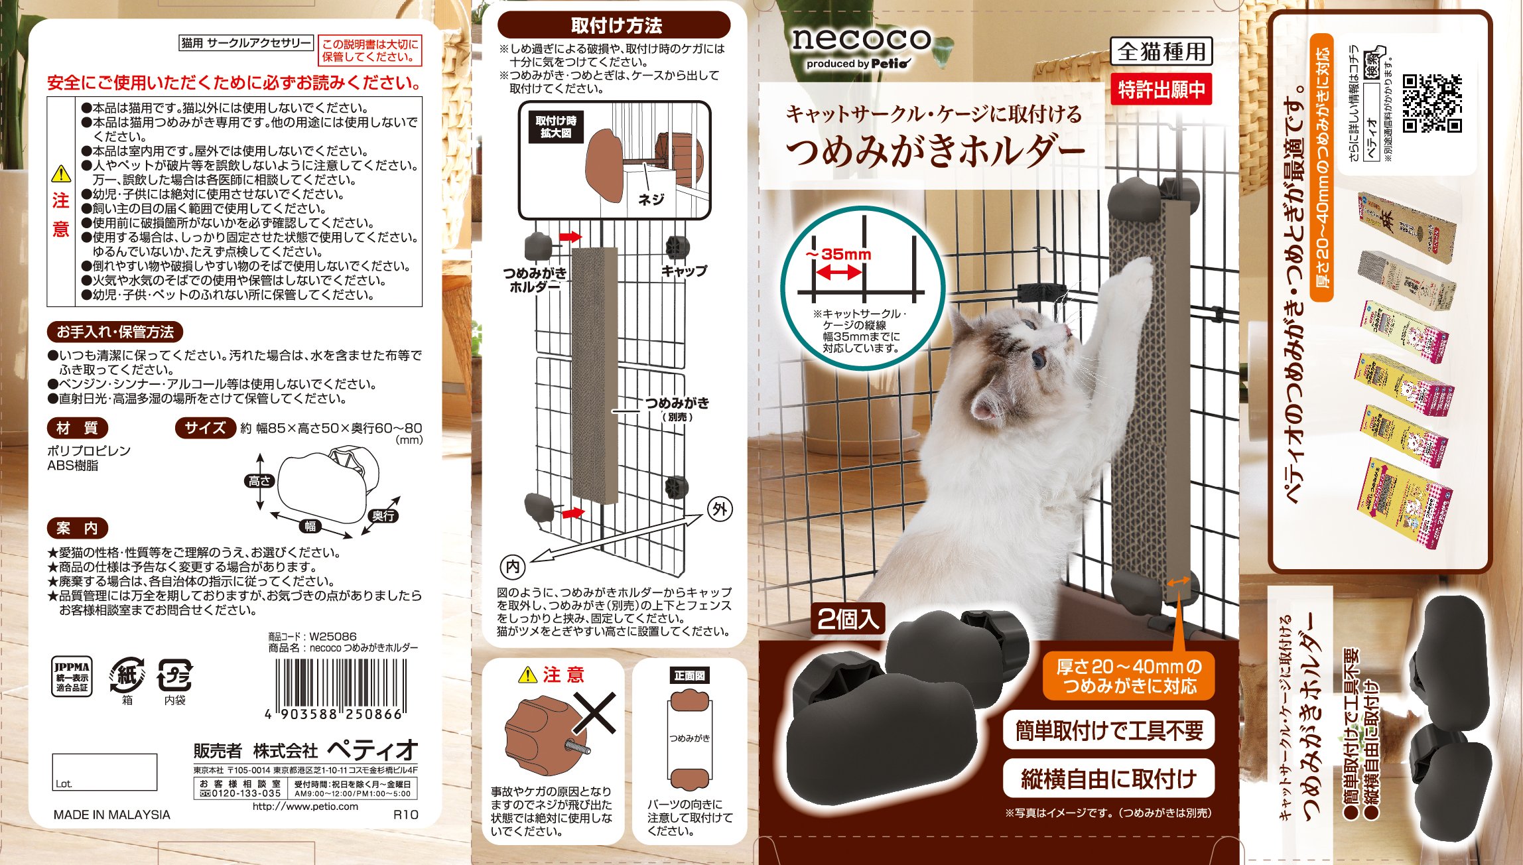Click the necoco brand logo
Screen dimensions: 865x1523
click(x=861, y=40)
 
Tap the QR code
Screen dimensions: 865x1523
click(x=1432, y=103)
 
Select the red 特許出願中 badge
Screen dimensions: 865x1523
click(x=1161, y=90)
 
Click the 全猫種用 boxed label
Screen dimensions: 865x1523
click(x=1161, y=51)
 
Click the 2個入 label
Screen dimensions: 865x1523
click(x=848, y=619)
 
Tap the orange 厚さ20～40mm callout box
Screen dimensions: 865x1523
click(x=1128, y=676)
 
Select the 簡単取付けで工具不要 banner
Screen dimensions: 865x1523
click(x=1108, y=730)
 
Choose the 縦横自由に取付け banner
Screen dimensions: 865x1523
click(x=1108, y=779)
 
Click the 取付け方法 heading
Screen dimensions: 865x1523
click(x=615, y=25)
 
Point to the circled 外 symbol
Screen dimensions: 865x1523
click(x=720, y=509)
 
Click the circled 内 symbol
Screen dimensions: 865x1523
click(x=512, y=566)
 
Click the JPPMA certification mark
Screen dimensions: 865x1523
click(x=72, y=677)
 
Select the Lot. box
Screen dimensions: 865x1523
click(x=105, y=772)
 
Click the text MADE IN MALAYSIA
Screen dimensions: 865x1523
click(x=111, y=815)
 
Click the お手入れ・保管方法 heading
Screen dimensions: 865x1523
click(x=115, y=332)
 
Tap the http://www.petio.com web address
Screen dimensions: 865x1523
click(x=305, y=807)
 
